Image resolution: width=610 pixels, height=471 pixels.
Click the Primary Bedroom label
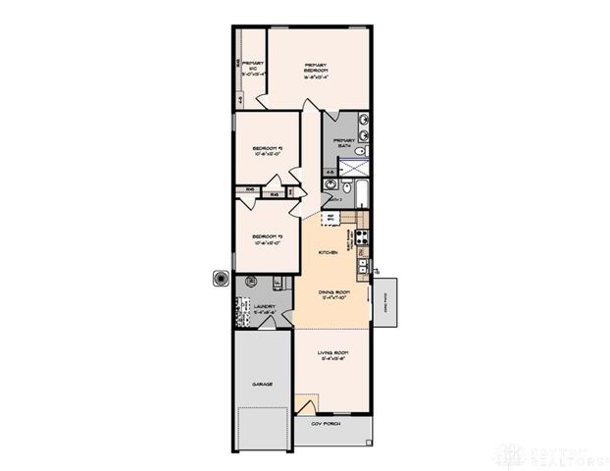pos(314,68)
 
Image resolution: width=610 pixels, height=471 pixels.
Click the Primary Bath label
pos(344,142)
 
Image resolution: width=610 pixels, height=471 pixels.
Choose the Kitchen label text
pos(328,252)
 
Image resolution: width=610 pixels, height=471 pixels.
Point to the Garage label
pos(262,384)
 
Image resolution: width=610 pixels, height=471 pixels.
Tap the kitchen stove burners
pos(360,235)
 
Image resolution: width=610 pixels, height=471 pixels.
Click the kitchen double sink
pos(362,264)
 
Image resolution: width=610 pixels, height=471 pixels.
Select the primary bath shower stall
pos(360,167)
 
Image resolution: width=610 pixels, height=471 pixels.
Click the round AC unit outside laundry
pos(216,279)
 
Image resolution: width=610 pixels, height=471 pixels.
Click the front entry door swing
pos(306,404)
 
